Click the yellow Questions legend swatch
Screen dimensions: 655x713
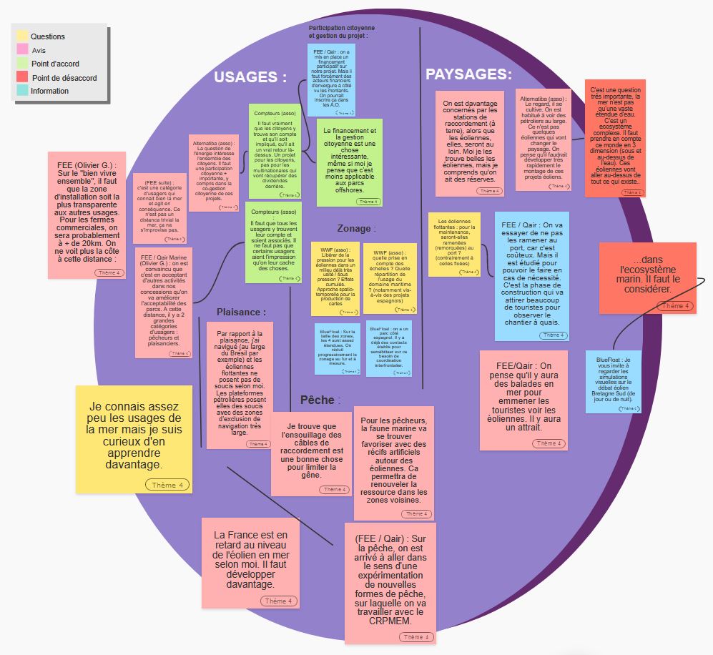coord(23,36)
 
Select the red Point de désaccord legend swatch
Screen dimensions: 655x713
coord(23,77)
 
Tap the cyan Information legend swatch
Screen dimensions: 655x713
coord(23,91)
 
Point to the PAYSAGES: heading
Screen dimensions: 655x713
coord(468,74)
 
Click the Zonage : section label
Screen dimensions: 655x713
coord(355,229)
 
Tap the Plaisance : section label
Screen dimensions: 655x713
coord(241,312)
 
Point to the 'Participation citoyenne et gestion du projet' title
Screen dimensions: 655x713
coord(338,31)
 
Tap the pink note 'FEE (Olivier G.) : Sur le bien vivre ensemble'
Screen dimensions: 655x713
coord(87,215)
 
